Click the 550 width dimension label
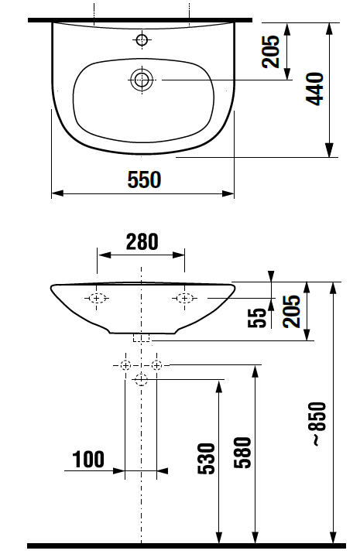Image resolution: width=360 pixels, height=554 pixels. pos(144,180)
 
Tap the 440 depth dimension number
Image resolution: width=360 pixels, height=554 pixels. pos(314,89)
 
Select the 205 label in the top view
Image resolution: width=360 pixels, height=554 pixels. pos(270,52)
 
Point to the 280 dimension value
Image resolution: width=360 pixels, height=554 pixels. pos(142,242)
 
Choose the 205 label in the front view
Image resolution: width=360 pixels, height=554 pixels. pos(291,311)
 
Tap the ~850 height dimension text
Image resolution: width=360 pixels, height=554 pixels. pos(318,423)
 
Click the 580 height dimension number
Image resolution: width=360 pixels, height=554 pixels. pos(243,453)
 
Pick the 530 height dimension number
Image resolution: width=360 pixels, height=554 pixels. pos(206,458)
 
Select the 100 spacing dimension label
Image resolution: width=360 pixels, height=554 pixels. pos(88,460)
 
